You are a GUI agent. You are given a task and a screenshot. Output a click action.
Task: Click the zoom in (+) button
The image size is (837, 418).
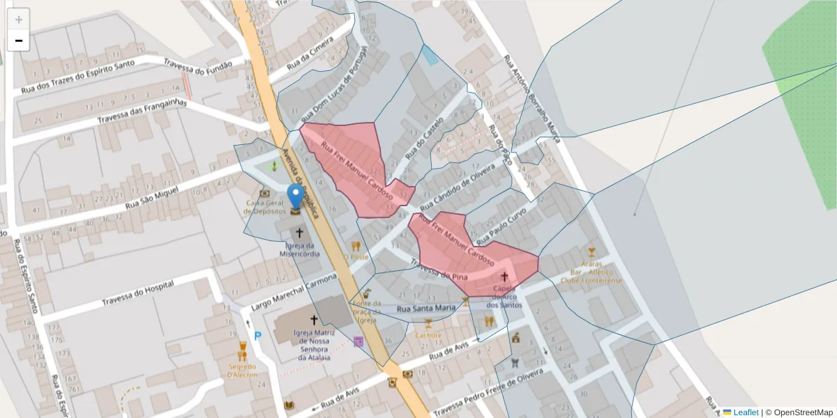19,20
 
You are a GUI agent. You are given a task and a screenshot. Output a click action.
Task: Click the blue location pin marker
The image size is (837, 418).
296,196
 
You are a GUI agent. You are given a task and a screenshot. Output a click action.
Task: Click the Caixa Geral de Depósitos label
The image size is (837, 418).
265,207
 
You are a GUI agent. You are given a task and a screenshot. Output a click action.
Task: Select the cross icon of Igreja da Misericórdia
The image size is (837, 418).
300,233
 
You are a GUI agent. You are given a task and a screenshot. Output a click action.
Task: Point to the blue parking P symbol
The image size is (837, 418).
257,336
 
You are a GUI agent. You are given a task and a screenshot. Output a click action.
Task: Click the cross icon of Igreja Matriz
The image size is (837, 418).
314,320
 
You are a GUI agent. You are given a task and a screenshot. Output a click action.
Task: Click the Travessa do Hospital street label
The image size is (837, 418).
138,294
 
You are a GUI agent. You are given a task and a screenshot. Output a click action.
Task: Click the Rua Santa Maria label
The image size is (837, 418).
425,307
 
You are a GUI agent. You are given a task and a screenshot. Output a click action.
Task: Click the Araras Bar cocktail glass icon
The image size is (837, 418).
592,251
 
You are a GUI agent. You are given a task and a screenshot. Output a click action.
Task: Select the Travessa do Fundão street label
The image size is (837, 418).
198,68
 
